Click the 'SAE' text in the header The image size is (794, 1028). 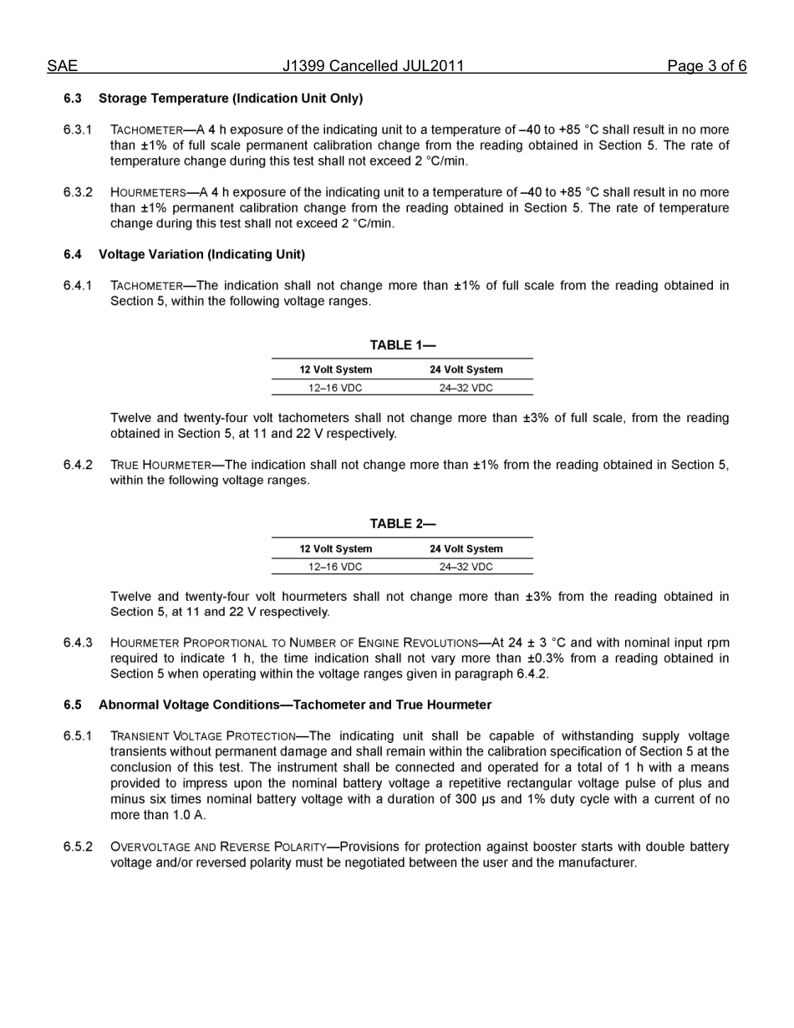62,66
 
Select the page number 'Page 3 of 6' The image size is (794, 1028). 706,66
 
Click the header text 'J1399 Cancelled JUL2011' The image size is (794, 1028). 373,66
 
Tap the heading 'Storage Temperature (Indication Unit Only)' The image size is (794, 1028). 231,99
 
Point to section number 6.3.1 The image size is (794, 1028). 78,130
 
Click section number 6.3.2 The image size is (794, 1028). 78,192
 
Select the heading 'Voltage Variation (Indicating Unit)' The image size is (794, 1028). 201,254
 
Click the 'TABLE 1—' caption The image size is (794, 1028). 403,345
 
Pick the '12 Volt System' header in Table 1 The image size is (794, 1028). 336,369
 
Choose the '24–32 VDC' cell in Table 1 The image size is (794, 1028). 466,388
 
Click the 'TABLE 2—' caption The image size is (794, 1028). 403,524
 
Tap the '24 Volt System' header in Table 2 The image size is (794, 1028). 466,549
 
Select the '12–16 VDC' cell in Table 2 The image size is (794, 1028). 336,567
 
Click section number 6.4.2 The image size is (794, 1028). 78,465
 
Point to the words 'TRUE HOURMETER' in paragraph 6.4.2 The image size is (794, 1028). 160,466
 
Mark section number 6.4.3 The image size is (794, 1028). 78,643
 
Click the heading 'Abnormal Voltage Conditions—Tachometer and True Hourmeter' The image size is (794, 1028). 295,705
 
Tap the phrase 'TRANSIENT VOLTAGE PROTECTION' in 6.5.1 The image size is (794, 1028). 202,736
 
